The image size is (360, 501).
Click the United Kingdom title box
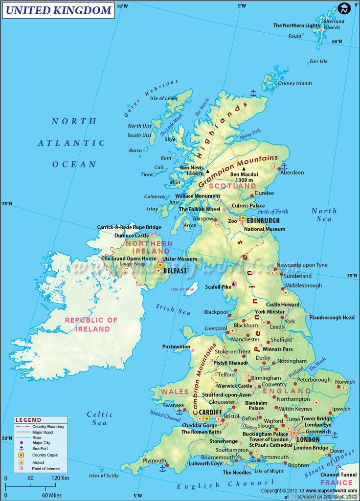pyautogui.click(x=59, y=10)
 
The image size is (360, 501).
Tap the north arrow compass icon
pyautogui.click(x=345, y=8)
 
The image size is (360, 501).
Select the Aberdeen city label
pyautogui.click(x=292, y=173)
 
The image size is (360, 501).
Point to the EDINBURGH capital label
pyautogui.click(x=263, y=221)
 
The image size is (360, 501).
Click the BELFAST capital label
pyautogui.click(x=175, y=270)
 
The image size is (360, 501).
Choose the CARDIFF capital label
pyautogui.click(x=210, y=412)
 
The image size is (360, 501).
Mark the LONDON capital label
pyautogui.click(x=308, y=439)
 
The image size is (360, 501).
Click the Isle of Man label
pyautogui.click(x=183, y=289)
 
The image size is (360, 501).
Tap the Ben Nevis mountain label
pyautogui.click(x=192, y=168)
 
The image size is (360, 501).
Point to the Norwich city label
pyautogui.click(x=345, y=382)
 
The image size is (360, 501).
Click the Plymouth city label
pyautogui.click(x=155, y=460)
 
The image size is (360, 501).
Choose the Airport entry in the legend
pyautogui.click(x=38, y=462)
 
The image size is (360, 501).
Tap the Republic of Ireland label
pyautogui.click(x=91, y=325)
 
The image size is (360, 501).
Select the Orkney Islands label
pyautogui.click(x=295, y=83)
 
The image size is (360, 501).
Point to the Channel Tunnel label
pyautogui.click(x=338, y=475)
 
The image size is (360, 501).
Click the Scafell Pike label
pyautogui.click(x=218, y=287)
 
